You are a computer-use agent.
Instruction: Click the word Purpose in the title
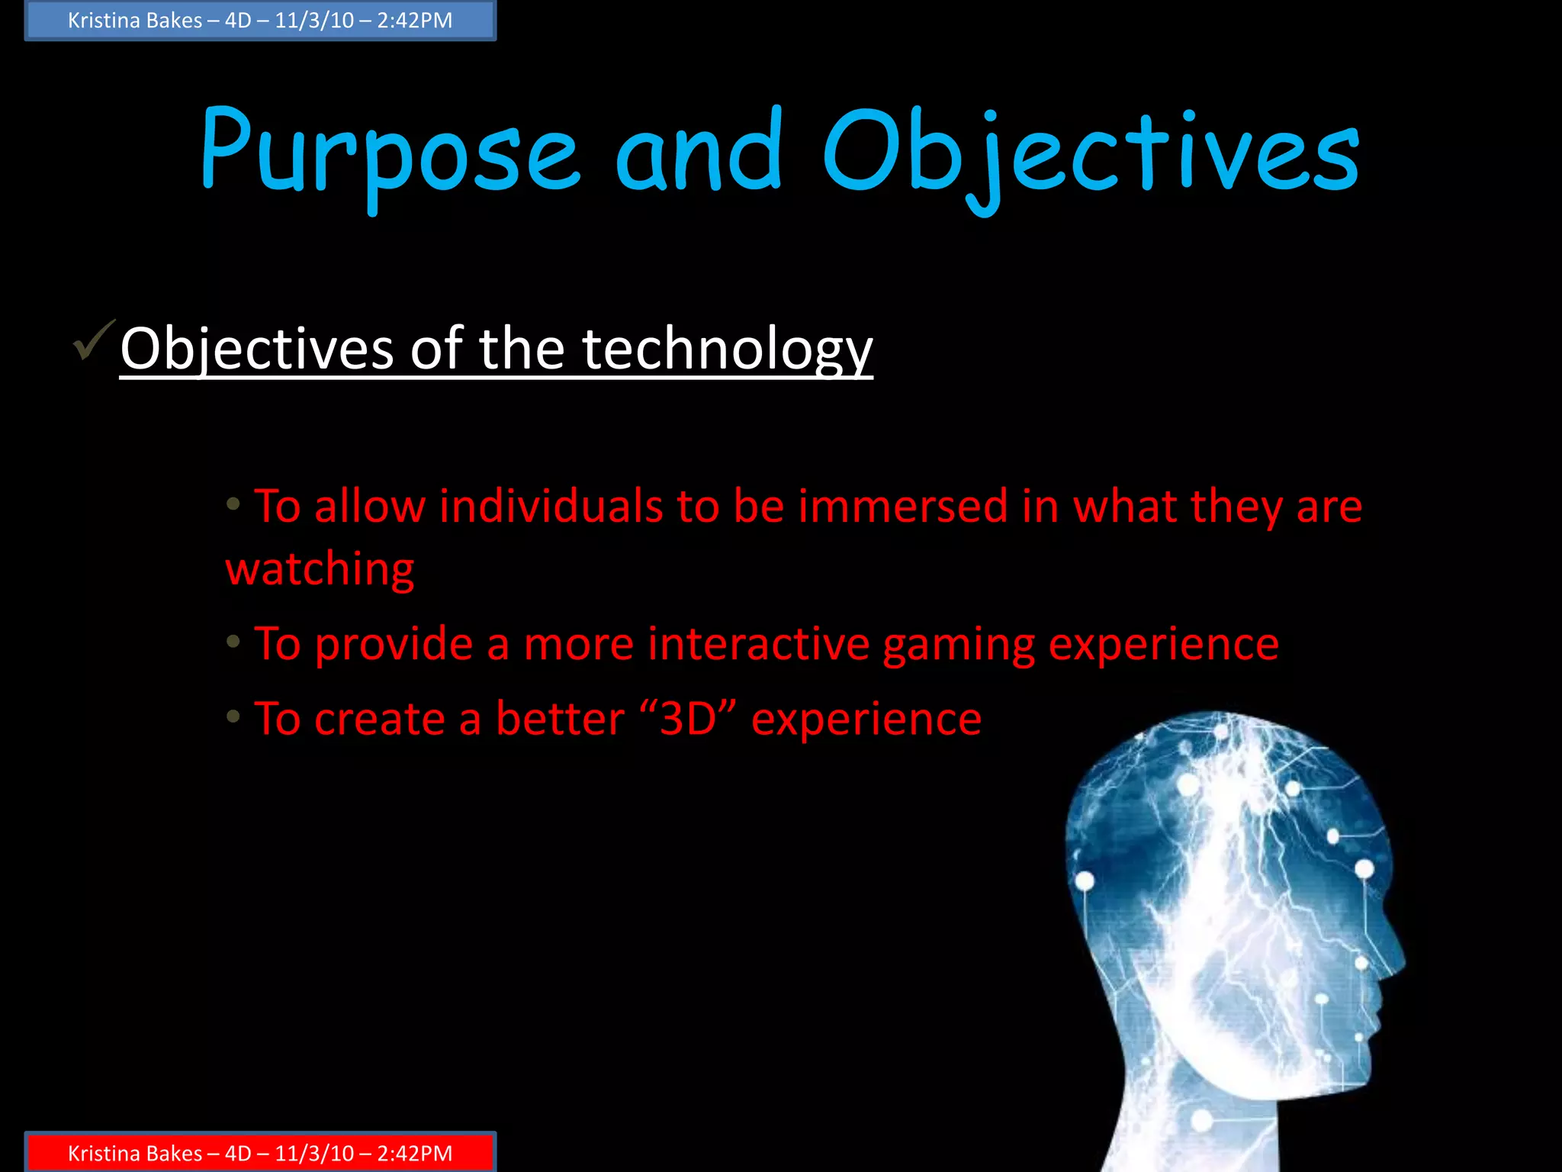(389, 153)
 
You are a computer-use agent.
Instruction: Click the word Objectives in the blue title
(1091, 153)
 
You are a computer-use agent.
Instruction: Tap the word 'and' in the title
(699, 153)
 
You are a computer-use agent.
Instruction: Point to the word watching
(320, 569)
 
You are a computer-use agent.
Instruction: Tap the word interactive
(758, 644)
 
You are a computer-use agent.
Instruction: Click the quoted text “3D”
(689, 719)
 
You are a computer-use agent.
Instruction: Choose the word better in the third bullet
(560, 719)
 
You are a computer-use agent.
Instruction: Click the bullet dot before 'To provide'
(233, 641)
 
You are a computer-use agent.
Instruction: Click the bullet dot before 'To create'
(233, 716)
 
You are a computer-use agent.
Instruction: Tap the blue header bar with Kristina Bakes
(260, 21)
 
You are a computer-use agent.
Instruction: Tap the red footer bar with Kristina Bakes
(260, 1153)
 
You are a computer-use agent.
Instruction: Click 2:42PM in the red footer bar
(414, 1154)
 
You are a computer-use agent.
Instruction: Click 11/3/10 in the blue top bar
(314, 21)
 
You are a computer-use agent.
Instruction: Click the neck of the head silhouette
(1190, 1129)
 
